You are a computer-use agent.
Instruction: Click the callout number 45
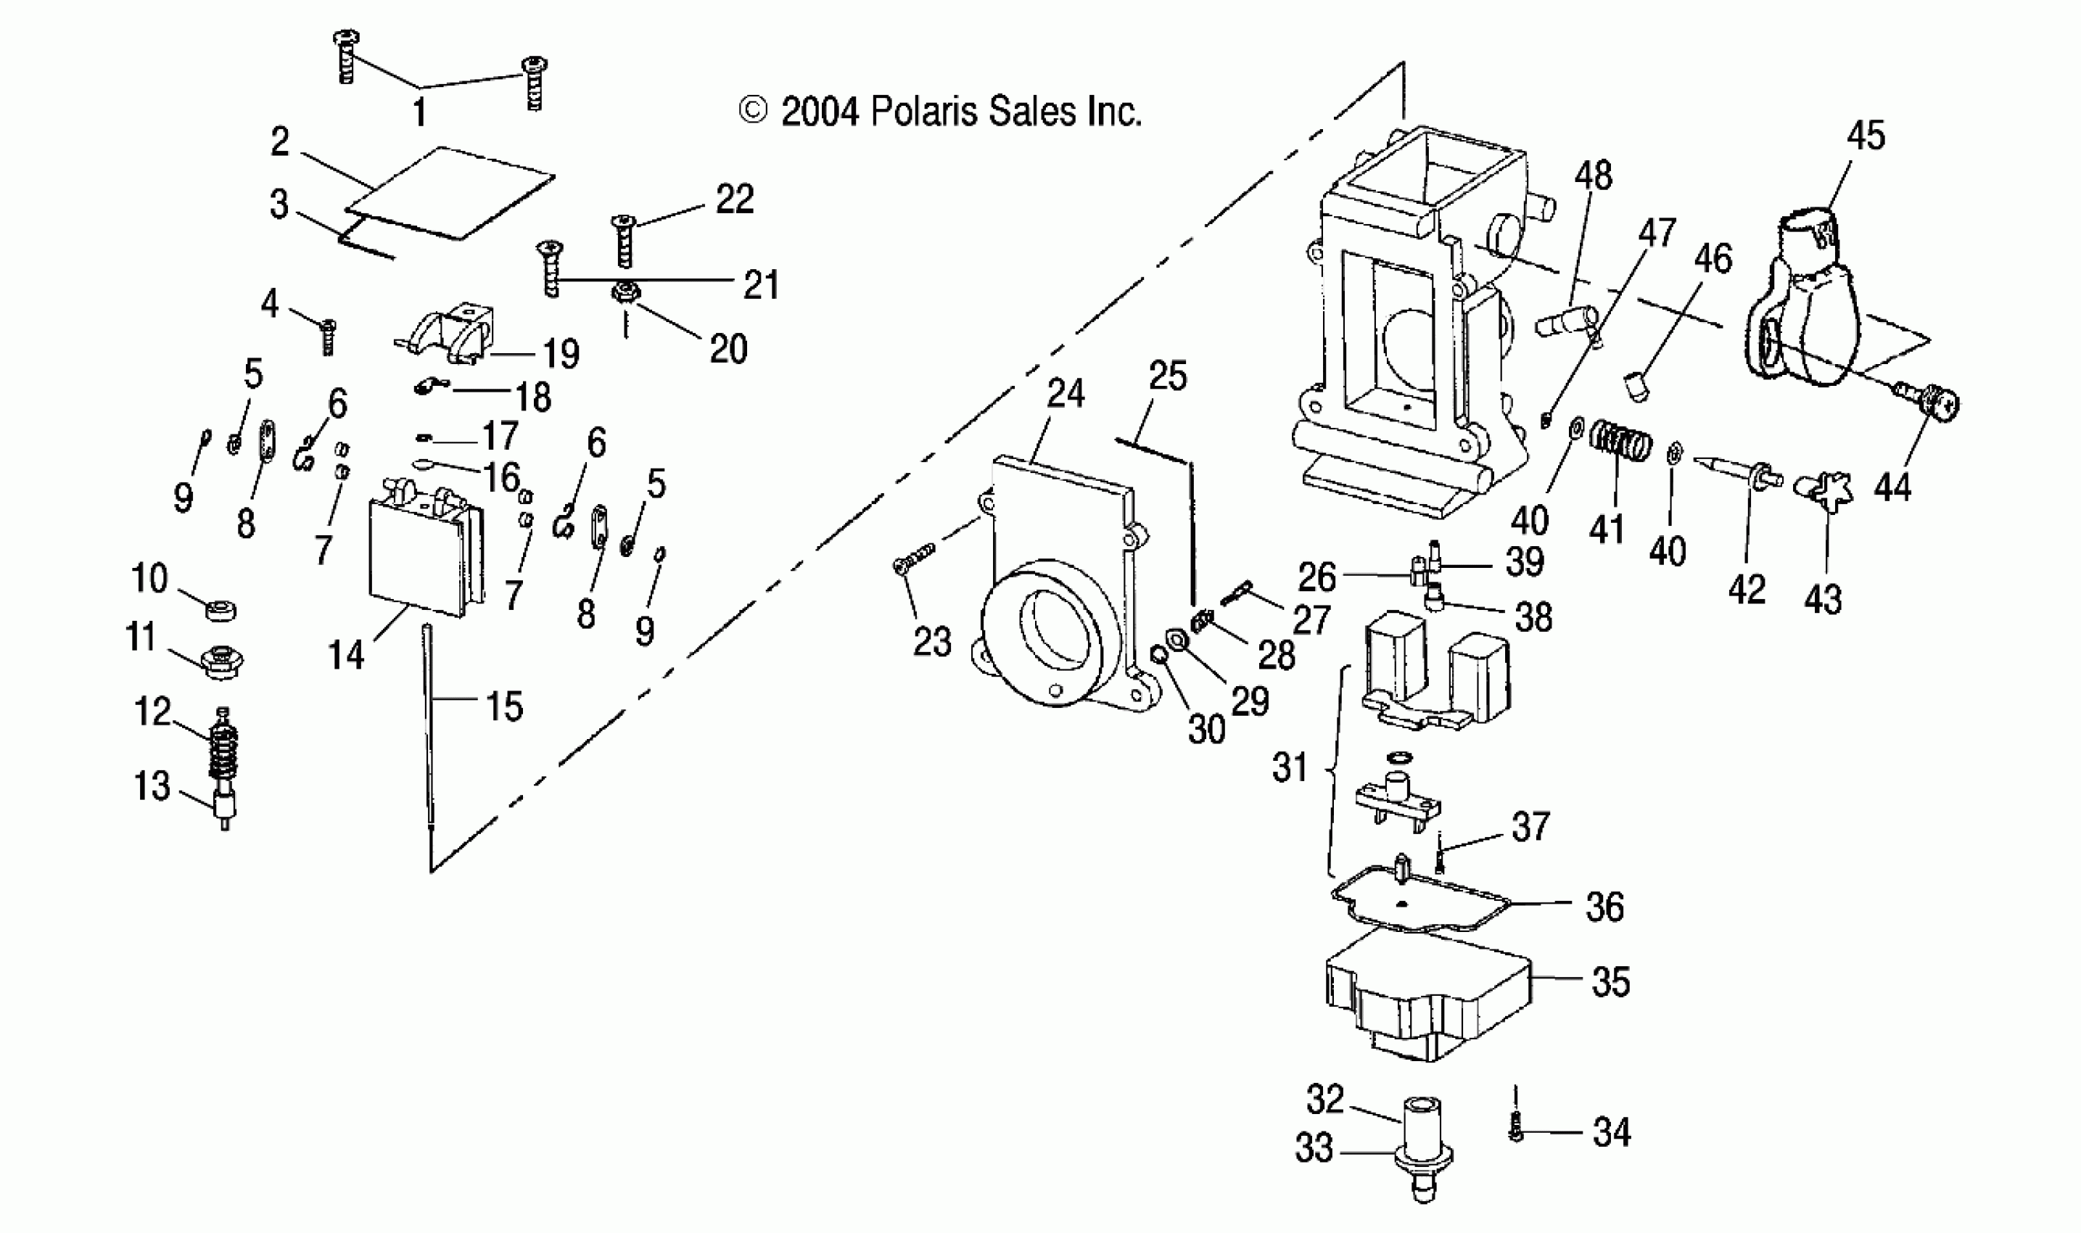(1866, 136)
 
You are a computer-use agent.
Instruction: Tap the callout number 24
(1065, 394)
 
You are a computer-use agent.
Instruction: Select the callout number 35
(1611, 982)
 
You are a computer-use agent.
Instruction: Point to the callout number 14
(345, 656)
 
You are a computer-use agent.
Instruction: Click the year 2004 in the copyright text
(819, 112)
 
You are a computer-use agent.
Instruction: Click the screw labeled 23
(914, 557)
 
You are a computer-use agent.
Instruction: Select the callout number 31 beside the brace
(1290, 767)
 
